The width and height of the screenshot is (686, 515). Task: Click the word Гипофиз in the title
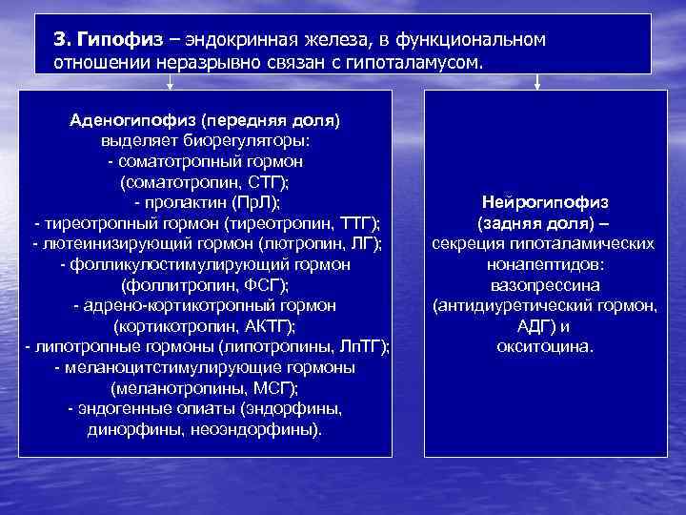click(x=113, y=40)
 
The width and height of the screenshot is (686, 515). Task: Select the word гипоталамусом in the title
click(x=425, y=61)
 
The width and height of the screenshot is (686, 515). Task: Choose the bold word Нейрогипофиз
click(x=546, y=202)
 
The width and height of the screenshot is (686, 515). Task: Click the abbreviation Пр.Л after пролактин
click(x=252, y=202)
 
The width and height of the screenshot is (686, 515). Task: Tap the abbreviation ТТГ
click(x=356, y=222)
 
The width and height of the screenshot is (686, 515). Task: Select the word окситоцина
click(x=545, y=345)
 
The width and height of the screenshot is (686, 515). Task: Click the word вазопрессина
click(x=545, y=284)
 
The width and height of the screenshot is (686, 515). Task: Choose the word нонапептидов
click(x=545, y=264)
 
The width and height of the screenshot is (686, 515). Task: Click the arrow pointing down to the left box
click(x=171, y=83)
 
